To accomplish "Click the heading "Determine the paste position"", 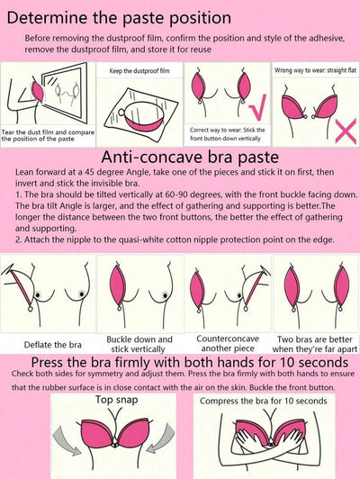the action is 119,18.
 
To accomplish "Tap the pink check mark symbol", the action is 257,107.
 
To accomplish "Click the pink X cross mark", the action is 346,131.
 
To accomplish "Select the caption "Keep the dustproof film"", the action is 139,71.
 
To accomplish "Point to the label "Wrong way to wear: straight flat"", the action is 315,70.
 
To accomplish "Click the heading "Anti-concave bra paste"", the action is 190,157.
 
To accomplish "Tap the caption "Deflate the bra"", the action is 52,345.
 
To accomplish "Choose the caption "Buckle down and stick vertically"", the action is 139,344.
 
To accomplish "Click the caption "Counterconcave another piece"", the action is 228,343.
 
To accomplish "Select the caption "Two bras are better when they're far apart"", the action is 314,344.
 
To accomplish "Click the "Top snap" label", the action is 116,400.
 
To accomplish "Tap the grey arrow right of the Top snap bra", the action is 160,438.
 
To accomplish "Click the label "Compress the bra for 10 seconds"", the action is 263,401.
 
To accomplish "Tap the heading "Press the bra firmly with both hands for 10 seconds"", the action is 190,363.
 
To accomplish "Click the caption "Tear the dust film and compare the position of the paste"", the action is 48,136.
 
